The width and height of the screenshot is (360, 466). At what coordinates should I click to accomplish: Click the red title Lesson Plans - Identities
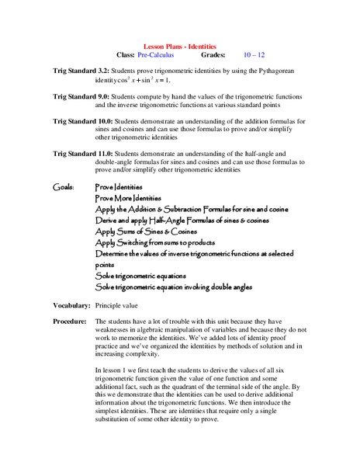181,47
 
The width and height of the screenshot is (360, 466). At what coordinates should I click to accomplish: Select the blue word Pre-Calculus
156,56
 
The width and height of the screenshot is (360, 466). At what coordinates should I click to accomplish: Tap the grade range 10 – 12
254,56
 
